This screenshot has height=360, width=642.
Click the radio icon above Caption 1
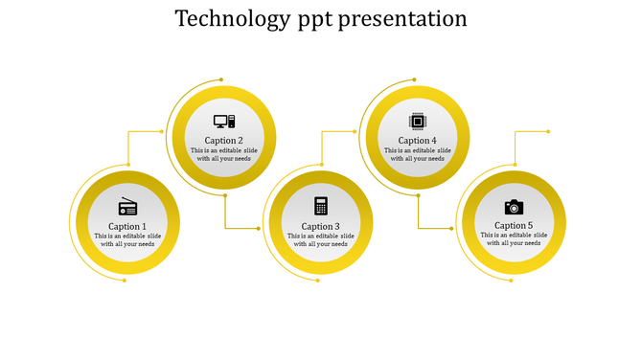click(x=127, y=206)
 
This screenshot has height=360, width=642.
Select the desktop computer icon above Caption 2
click(x=224, y=122)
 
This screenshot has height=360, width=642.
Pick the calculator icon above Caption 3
click(x=321, y=206)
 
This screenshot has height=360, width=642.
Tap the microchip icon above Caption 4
click(x=417, y=121)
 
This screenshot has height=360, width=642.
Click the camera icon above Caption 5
click(x=514, y=206)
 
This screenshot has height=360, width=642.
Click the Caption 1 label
click(x=127, y=226)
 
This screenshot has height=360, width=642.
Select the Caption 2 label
click(x=224, y=141)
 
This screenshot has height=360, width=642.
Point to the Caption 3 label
click(x=321, y=226)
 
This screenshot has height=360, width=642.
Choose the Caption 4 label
click(x=417, y=141)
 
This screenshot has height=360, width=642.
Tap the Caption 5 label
click(x=514, y=226)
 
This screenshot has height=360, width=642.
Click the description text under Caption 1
click(x=127, y=239)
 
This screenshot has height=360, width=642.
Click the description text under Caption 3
click(x=321, y=239)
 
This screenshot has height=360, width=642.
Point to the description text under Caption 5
click(x=514, y=239)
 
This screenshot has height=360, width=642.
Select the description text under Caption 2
click(x=224, y=154)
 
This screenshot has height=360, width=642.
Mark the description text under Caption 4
click(x=417, y=154)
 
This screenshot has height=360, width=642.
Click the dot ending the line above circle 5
click(x=548, y=132)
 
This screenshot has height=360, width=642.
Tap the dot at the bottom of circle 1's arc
click(x=125, y=281)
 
